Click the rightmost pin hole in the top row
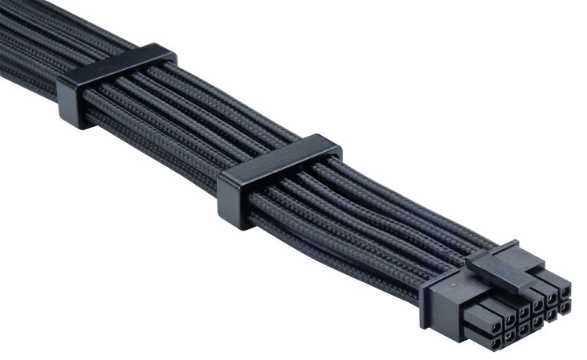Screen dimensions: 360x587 565,289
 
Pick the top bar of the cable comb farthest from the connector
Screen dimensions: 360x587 117,67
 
